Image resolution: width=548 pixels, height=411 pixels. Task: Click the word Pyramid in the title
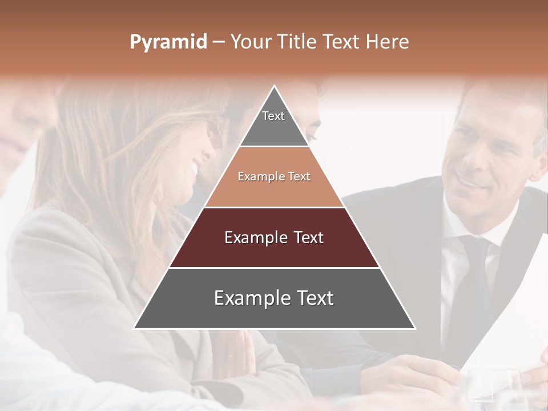(x=168, y=42)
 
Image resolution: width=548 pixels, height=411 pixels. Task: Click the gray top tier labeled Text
(x=273, y=123)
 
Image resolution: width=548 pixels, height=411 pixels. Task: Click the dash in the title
(x=219, y=42)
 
